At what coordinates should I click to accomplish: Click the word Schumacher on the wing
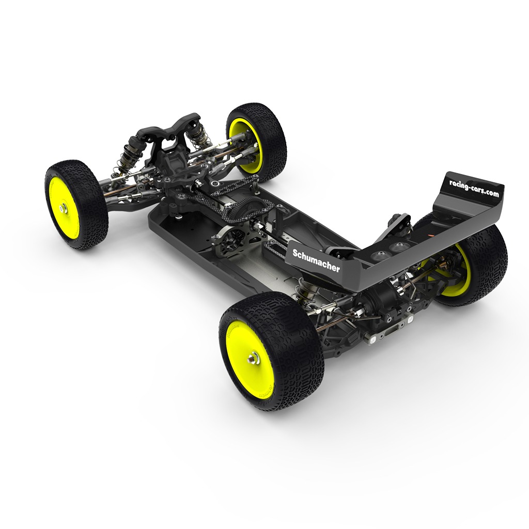click(x=316, y=260)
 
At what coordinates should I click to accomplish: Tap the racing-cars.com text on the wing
click(x=474, y=188)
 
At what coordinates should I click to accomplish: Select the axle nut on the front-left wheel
click(x=63, y=209)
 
